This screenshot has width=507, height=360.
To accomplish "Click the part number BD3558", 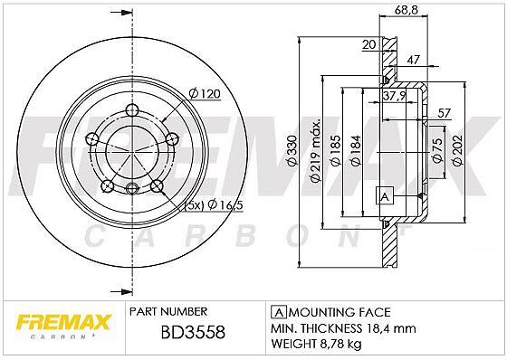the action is [193, 333].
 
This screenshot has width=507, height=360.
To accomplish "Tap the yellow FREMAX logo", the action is [63, 322].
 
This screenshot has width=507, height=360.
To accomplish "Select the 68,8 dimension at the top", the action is [407, 10].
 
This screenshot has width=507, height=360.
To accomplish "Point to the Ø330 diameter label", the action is [292, 151].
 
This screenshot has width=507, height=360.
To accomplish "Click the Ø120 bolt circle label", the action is [205, 94].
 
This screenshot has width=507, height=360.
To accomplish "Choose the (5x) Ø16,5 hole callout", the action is [214, 205].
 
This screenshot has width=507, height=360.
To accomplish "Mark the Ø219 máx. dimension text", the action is [316, 150].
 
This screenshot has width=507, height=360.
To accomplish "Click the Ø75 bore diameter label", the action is [436, 150].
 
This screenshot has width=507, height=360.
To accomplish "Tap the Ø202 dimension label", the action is [457, 150].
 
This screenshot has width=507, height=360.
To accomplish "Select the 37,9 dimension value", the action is [394, 95].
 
